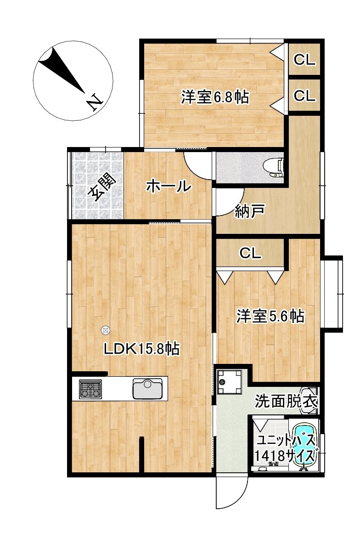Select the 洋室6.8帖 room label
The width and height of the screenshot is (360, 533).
214,97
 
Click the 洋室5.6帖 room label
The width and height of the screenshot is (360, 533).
270,316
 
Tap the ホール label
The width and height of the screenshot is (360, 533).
169,186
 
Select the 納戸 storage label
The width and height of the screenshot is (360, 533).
250,211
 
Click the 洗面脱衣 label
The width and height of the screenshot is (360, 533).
286,402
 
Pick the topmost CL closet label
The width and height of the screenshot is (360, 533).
304,60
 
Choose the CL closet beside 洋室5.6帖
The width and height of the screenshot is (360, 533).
250,253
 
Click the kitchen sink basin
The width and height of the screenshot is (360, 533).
148,388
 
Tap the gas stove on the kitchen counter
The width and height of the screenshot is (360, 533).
90,389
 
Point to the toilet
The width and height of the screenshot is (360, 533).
275,167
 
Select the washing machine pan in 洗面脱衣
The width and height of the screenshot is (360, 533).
229,381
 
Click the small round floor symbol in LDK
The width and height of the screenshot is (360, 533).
106,329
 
